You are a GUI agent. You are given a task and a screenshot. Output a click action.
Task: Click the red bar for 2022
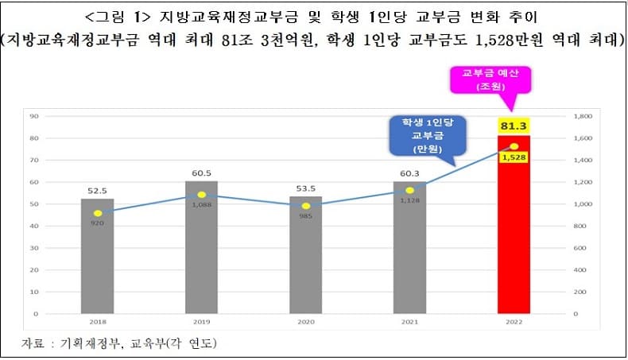(513, 230)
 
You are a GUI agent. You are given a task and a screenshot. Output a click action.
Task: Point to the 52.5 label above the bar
(97, 190)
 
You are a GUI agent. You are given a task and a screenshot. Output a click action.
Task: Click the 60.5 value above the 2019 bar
(201, 172)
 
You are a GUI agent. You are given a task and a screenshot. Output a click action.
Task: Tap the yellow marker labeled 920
(97, 213)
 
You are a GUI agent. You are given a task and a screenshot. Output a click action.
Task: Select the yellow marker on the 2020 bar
(305, 206)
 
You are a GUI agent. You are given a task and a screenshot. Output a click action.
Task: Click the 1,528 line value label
(513, 157)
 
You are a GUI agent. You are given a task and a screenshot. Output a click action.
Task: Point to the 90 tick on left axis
(34, 116)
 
